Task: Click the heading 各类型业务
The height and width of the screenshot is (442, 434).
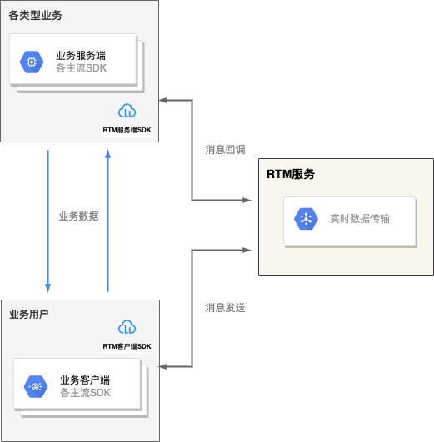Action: pos(36,15)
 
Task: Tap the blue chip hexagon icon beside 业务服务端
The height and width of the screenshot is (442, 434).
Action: pos(32,62)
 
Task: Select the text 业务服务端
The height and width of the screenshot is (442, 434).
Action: pos(81,56)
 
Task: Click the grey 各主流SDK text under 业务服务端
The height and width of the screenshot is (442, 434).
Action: pos(81,68)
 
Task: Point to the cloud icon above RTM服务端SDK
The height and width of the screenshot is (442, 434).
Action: pos(127,111)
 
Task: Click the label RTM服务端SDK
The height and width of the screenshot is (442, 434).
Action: pos(127,130)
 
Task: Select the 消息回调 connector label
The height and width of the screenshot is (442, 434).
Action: pos(225,151)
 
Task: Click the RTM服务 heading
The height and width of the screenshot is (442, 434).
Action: pos(291,174)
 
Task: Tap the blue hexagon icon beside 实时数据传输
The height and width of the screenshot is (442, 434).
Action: pos(306,219)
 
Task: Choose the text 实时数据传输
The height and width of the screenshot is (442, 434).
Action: pos(359,219)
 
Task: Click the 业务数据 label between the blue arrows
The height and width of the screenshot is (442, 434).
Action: pos(78,216)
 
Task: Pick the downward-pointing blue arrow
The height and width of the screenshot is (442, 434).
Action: pos(47,221)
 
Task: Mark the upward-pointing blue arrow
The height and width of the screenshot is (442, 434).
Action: pos(107,221)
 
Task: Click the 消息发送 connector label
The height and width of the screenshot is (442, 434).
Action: pos(225,307)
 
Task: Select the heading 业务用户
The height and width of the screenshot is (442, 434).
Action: pos(29,314)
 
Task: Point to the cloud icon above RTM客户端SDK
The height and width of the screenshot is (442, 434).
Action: pos(127,327)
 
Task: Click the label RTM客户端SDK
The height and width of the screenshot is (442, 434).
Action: pos(127,346)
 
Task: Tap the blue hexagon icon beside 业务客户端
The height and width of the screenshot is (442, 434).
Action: pos(36,386)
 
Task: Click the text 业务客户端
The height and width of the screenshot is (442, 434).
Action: pos(85,380)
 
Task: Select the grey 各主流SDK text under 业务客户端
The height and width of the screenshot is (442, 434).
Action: pos(85,393)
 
